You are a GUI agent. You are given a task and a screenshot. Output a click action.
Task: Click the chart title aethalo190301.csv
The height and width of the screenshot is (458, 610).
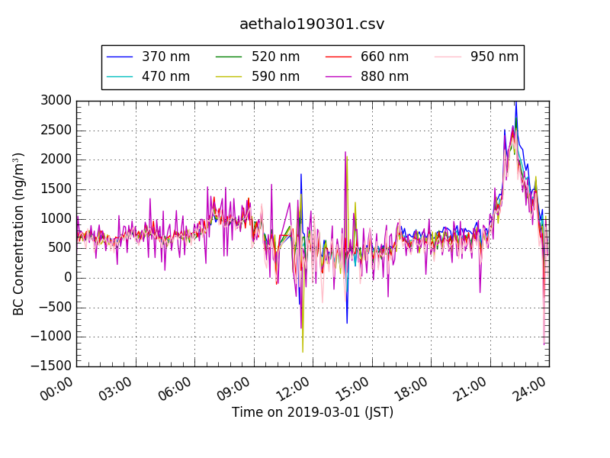[x=312, y=24]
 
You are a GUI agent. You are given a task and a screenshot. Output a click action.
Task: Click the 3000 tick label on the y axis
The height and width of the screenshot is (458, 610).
[x=57, y=101]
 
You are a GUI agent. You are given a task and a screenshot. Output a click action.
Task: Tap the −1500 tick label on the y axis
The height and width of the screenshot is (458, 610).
[x=53, y=366]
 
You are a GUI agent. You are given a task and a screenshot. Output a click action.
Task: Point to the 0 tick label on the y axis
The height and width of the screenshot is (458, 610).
[x=67, y=278]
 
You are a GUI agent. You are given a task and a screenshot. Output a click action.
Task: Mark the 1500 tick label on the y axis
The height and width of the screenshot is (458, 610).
[x=57, y=189]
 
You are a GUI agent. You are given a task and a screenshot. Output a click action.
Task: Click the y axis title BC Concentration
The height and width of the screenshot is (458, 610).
[x=19, y=234]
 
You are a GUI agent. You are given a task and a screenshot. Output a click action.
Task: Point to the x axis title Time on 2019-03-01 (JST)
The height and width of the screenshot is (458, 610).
[x=313, y=413]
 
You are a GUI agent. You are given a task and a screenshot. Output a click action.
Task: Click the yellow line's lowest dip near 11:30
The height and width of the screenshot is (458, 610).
[x=303, y=352]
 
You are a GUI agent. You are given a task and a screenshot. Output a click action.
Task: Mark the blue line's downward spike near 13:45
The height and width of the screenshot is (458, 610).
[x=347, y=323]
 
